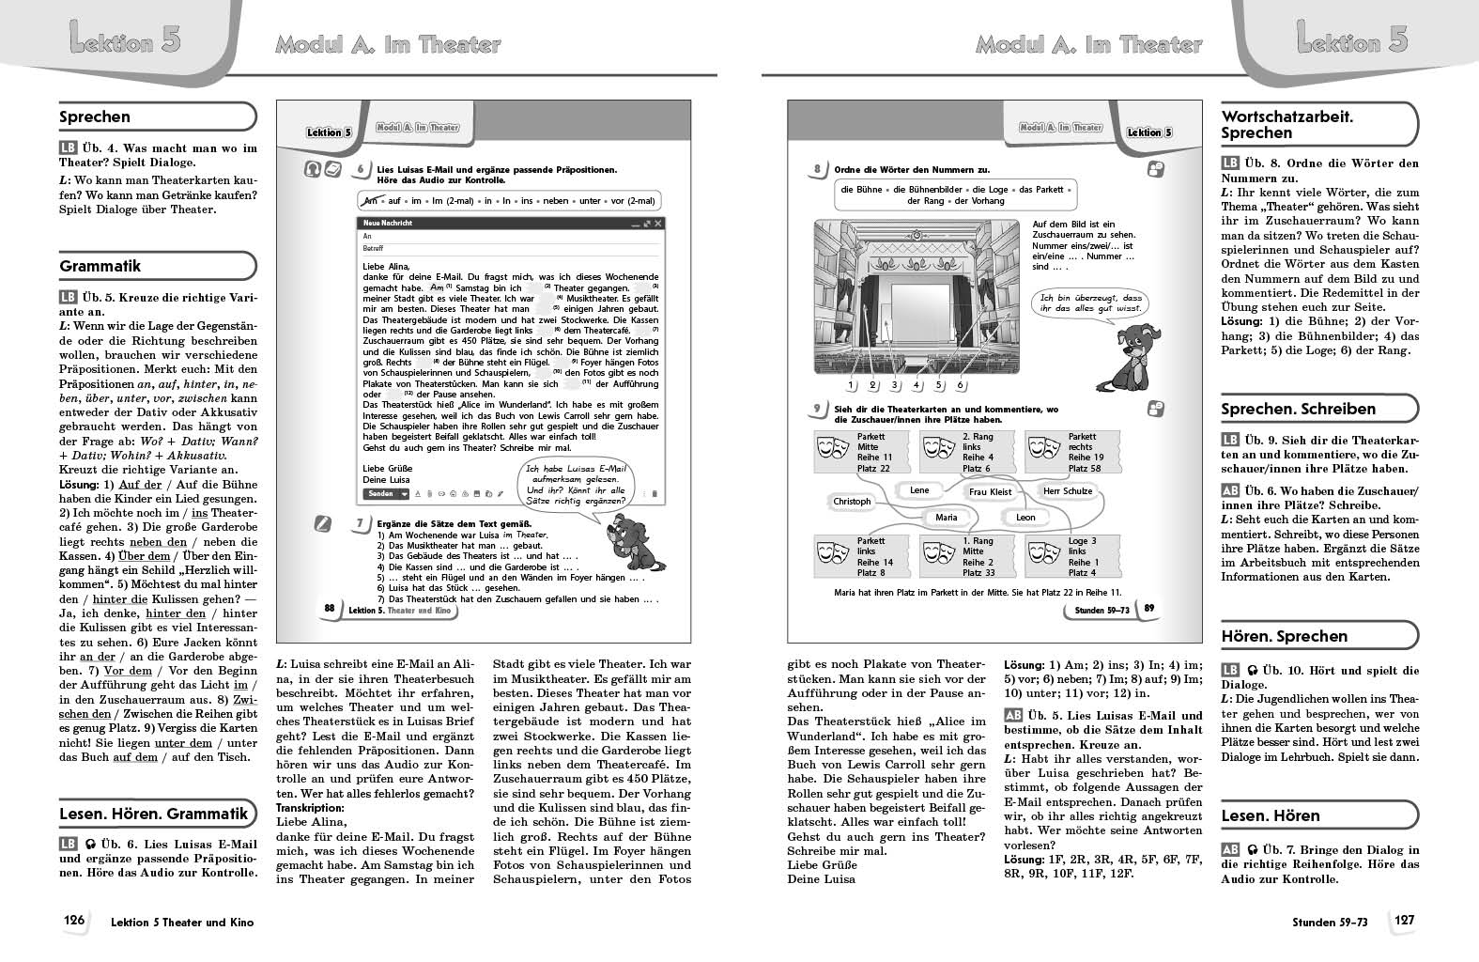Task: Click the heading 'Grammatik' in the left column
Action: pyautogui.click(x=100, y=266)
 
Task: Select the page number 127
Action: pyautogui.click(x=1403, y=921)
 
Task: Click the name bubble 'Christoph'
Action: pyautogui.click(x=852, y=501)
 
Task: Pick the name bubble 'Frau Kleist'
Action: pyautogui.click(x=990, y=491)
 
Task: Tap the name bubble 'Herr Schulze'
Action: pyautogui.click(x=1068, y=490)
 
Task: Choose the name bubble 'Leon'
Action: pyautogui.click(x=1025, y=517)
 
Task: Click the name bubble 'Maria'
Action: pyautogui.click(x=946, y=517)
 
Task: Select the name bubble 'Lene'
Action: pyautogui.click(x=919, y=490)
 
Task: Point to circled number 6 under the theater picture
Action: pyautogui.click(x=960, y=385)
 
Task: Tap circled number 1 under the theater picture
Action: pyautogui.click(x=851, y=385)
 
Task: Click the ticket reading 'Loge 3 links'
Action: pyautogui.click(x=1065, y=557)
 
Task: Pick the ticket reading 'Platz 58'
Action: pyautogui.click(x=1065, y=452)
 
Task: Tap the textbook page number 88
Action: pyautogui.click(x=329, y=609)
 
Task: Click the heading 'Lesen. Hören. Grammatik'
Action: pyautogui.click(x=154, y=814)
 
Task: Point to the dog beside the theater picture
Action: pyautogui.click(x=1128, y=357)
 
